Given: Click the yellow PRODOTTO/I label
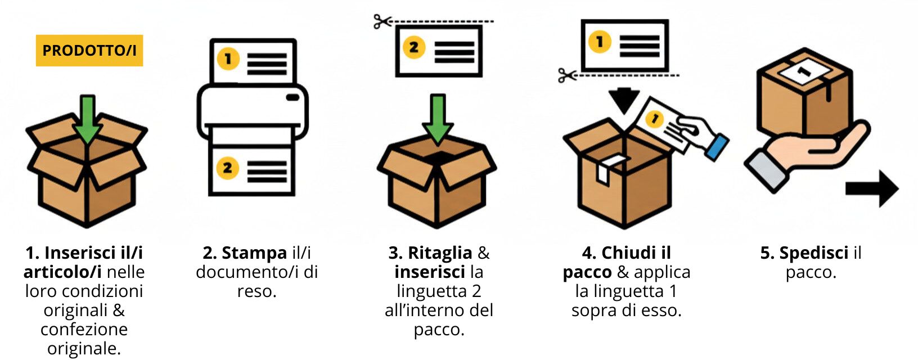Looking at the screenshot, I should click(89, 51).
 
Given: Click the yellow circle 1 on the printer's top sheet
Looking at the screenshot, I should click(228, 59).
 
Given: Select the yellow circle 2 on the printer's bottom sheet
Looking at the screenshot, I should click(227, 168).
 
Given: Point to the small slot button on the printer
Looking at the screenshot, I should click(293, 97).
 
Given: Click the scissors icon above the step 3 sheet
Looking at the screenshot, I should click(382, 22).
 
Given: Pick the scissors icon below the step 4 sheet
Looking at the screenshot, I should click(567, 75).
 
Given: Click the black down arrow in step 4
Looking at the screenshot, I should click(624, 100).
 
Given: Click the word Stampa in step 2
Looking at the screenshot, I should click(255, 253).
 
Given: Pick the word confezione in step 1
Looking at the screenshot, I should click(84, 329).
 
